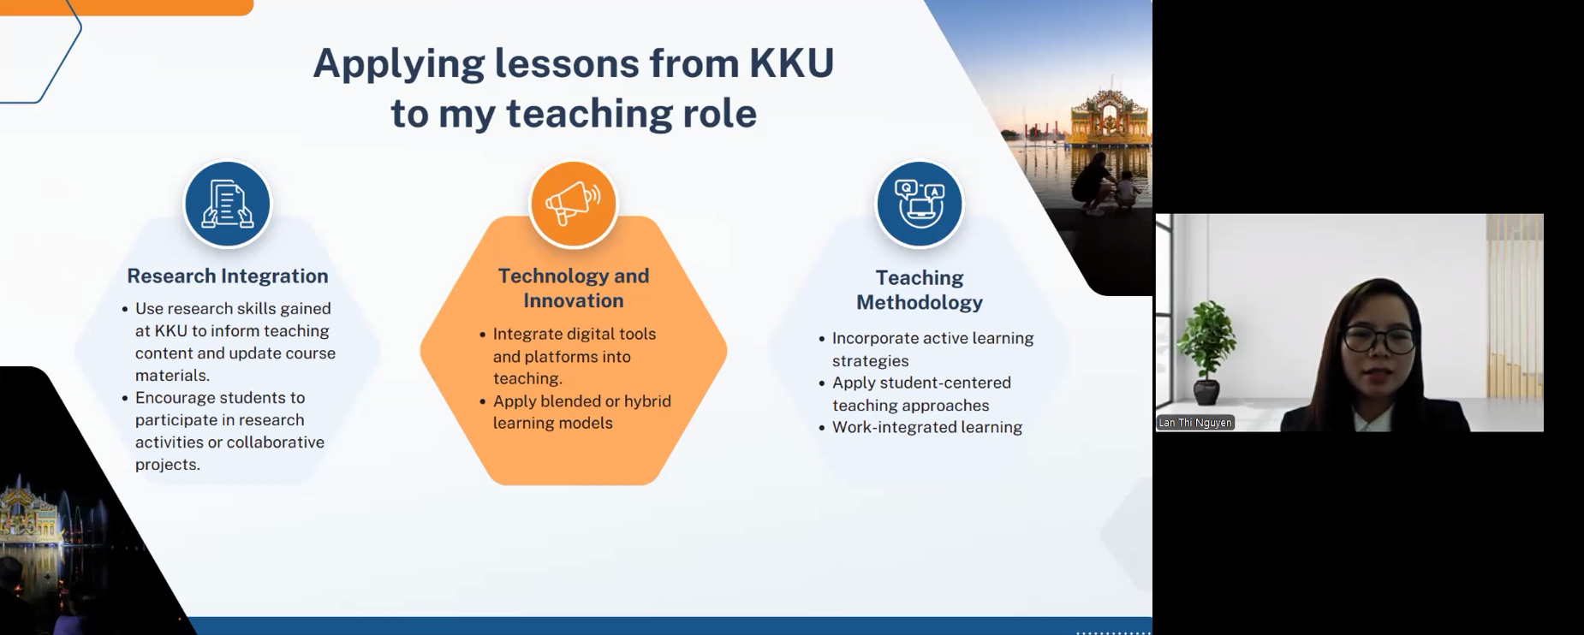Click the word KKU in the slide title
click(792, 62)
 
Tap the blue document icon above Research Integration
click(228, 205)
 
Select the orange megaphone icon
click(574, 205)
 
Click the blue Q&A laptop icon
click(920, 205)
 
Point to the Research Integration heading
click(228, 276)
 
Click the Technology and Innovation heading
click(574, 288)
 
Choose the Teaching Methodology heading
click(920, 290)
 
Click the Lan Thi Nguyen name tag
click(1195, 423)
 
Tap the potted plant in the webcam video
click(1206, 351)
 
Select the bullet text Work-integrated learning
click(927, 427)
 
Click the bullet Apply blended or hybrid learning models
click(582, 412)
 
